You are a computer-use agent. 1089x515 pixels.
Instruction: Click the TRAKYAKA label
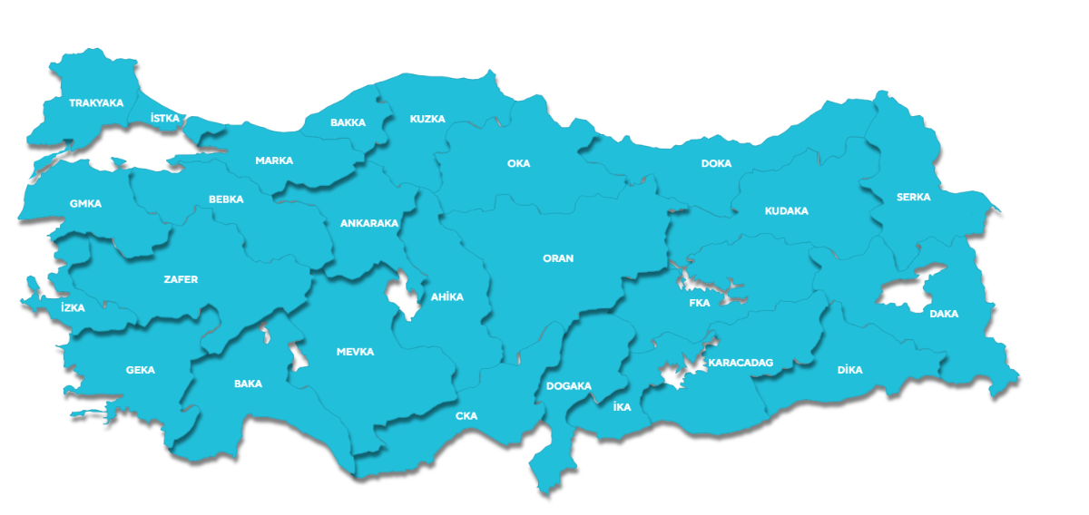[x=95, y=103]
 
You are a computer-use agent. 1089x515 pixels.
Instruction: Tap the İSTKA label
[x=165, y=119]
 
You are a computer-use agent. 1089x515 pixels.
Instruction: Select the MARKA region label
[x=274, y=160]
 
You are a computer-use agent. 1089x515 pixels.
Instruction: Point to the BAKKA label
[x=348, y=122]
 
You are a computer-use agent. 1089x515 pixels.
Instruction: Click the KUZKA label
[x=427, y=119]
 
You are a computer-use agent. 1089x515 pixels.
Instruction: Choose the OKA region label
[x=518, y=164]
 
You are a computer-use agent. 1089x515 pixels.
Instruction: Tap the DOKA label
[x=716, y=164]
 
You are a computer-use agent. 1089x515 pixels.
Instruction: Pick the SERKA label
[x=913, y=197]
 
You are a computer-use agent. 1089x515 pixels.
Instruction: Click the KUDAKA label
[x=786, y=211]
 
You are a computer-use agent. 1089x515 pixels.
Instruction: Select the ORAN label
[x=558, y=258]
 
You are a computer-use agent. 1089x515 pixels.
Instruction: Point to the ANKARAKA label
[x=369, y=223]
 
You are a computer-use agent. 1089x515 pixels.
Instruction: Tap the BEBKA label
[x=226, y=199]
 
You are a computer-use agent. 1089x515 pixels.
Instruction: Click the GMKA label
[x=85, y=204]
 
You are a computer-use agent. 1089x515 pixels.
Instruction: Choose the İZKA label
[x=73, y=308]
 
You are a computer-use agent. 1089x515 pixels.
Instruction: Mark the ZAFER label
[x=181, y=279]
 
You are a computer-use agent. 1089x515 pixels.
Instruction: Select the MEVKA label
[x=355, y=352]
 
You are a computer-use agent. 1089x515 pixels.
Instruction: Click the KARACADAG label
[x=741, y=363]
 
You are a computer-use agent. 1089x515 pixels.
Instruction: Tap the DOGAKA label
[x=569, y=386]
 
